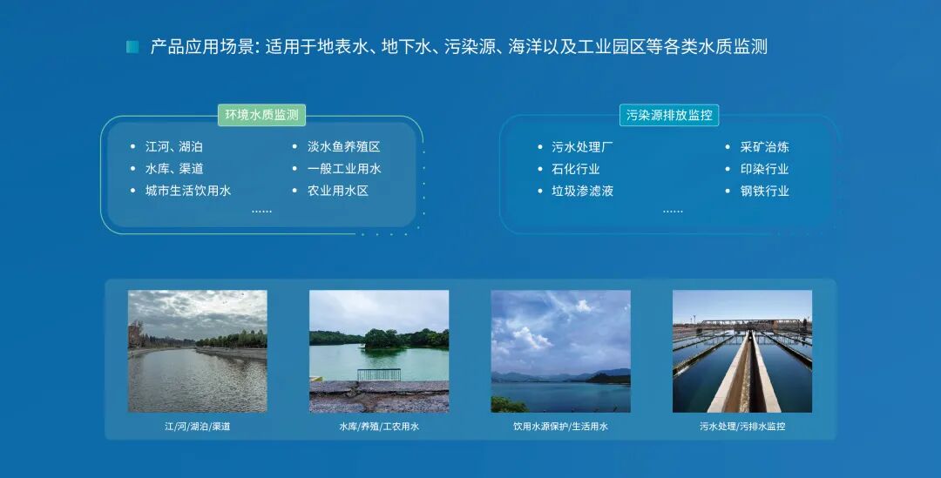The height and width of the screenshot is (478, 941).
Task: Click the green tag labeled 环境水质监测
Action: pyautogui.click(x=261, y=115)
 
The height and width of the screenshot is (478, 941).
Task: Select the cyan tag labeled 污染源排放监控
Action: pyautogui.click(x=669, y=115)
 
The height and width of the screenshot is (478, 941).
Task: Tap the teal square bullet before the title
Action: pyautogui.click(x=132, y=47)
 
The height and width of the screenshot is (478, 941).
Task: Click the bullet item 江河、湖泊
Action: pyautogui.click(x=174, y=146)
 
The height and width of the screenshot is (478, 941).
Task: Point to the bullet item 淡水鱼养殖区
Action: pyautogui.click(x=344, y=146)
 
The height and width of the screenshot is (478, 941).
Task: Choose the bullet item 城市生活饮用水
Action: pyautogui.click(x=188, y=191)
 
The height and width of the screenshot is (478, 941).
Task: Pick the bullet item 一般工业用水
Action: pyautogui.click(x=344, y=169)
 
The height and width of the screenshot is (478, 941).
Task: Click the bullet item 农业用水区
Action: pyautogui.click(x=338, y=191)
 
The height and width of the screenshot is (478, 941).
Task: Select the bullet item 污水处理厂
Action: pyautogui.click(x=582, y=146)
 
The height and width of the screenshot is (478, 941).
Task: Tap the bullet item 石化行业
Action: pyautogui.click(x=576, y=169)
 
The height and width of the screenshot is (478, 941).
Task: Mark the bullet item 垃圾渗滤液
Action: pyautogui.click(x=582, y=191)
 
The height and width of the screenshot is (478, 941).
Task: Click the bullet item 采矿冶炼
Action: pyautogui.click(x=765, y=146)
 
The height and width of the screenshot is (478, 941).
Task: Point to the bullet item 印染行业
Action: pyautogui.click(x=765, y=169)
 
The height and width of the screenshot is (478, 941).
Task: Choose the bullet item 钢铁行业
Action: pyautogui.click(x=765, y=191)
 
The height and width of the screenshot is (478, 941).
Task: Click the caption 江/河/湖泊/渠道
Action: pyautogui.click(x=198, y=427)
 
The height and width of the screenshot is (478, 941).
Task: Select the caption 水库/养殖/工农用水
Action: pyautogui.click(x=379, y=427)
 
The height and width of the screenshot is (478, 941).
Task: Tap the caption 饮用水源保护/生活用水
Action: pyautogui.click(x=560, y=427)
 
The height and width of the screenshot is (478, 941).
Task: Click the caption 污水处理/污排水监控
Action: pyautogui.click(x=742, y=427)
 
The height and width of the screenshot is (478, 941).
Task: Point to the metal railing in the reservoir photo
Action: pyautogui.click(x=379, y=374)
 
